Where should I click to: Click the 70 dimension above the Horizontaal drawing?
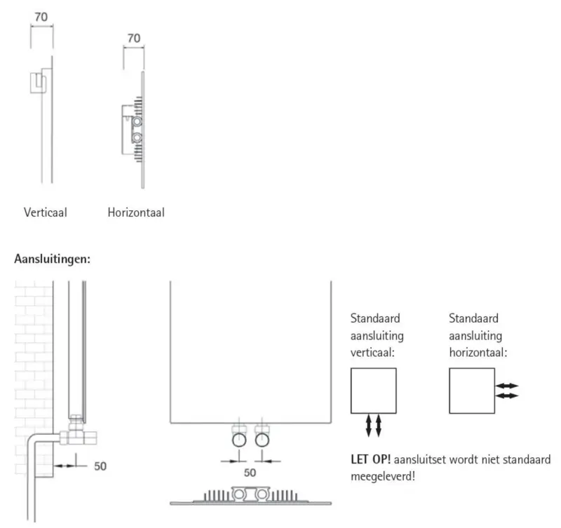(x=134, y=37)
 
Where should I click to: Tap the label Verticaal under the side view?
(x=45, y=212)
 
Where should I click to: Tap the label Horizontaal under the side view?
(x=136, y=212)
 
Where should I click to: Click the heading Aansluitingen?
(x=52, y=258)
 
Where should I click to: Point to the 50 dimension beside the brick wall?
(x=100, y=466)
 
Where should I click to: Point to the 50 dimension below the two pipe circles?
(x=250, y=472)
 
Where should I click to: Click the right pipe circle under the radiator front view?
(x=262, y=440)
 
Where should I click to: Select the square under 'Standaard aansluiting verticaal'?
(x=373, y=391)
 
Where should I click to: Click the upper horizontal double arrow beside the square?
(x=507, y=386)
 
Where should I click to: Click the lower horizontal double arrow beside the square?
(x=507, y=396)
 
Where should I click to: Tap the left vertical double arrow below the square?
(x=369, y=426)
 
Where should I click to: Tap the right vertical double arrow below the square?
(x=379, y=426)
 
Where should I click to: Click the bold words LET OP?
(x=371, y=460)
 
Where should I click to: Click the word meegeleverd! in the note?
(x=381, y=478)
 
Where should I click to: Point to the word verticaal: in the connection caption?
(x=373, y=351)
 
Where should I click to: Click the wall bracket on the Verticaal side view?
(x=39, y=83)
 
